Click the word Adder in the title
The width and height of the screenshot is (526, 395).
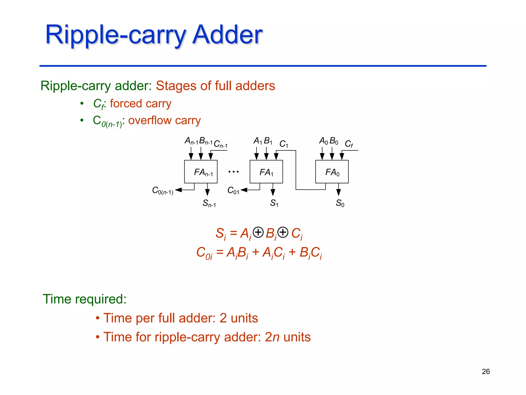tap(227, 34)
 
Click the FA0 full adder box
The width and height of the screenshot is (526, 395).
tap(332, 172)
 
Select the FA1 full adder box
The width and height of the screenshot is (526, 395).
tap(266, 172)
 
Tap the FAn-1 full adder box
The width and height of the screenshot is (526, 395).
tap(201, 172)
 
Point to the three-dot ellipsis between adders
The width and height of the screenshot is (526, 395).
tap(233, 172)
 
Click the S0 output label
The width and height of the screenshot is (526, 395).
tap(340, 203)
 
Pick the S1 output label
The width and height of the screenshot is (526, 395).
tap(274, 203)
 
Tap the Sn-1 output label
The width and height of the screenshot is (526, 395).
tap(209, 203)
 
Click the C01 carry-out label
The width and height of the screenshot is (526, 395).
tap(233, 191)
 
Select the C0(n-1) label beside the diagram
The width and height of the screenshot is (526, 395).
tap(163, 191)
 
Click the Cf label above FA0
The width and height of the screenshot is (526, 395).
tap(349, 144)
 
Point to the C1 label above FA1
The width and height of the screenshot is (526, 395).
tap(284, 144)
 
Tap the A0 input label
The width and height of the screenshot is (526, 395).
tap(323, 141)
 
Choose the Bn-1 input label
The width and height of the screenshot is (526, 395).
tap(206, 141)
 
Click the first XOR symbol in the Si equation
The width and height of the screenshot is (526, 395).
tap(258, 232)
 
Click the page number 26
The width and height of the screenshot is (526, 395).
tap(486, 371)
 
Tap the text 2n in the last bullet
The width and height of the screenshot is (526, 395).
tap(272, 337)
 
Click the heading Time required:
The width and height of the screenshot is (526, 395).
tap(84, 299)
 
